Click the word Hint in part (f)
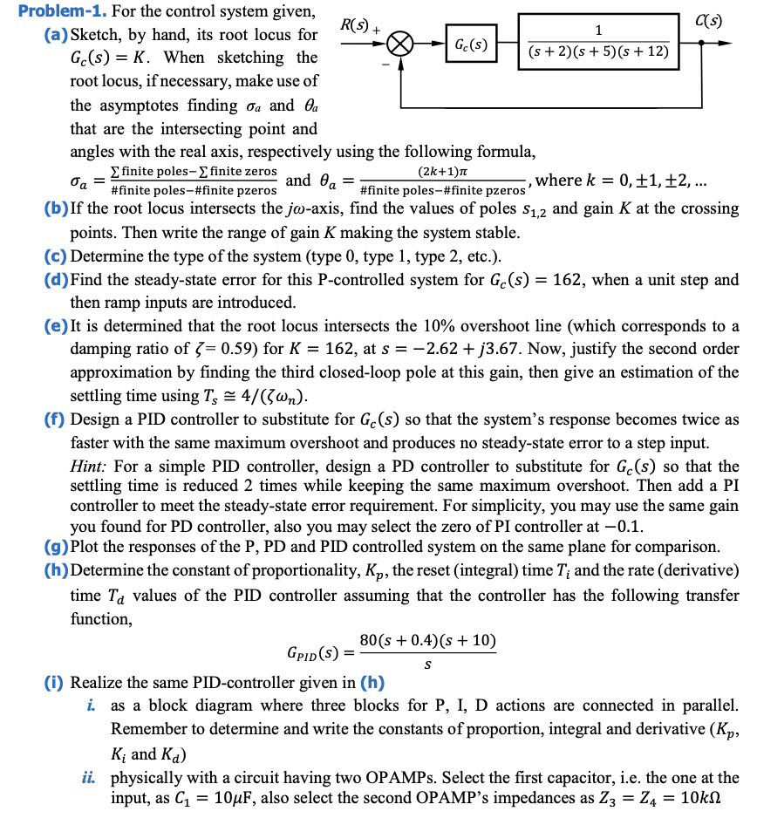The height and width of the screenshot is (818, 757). point(87,467)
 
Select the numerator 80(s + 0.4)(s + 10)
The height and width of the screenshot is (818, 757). point(428,642)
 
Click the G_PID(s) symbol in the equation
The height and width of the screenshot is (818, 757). point(313,653)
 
